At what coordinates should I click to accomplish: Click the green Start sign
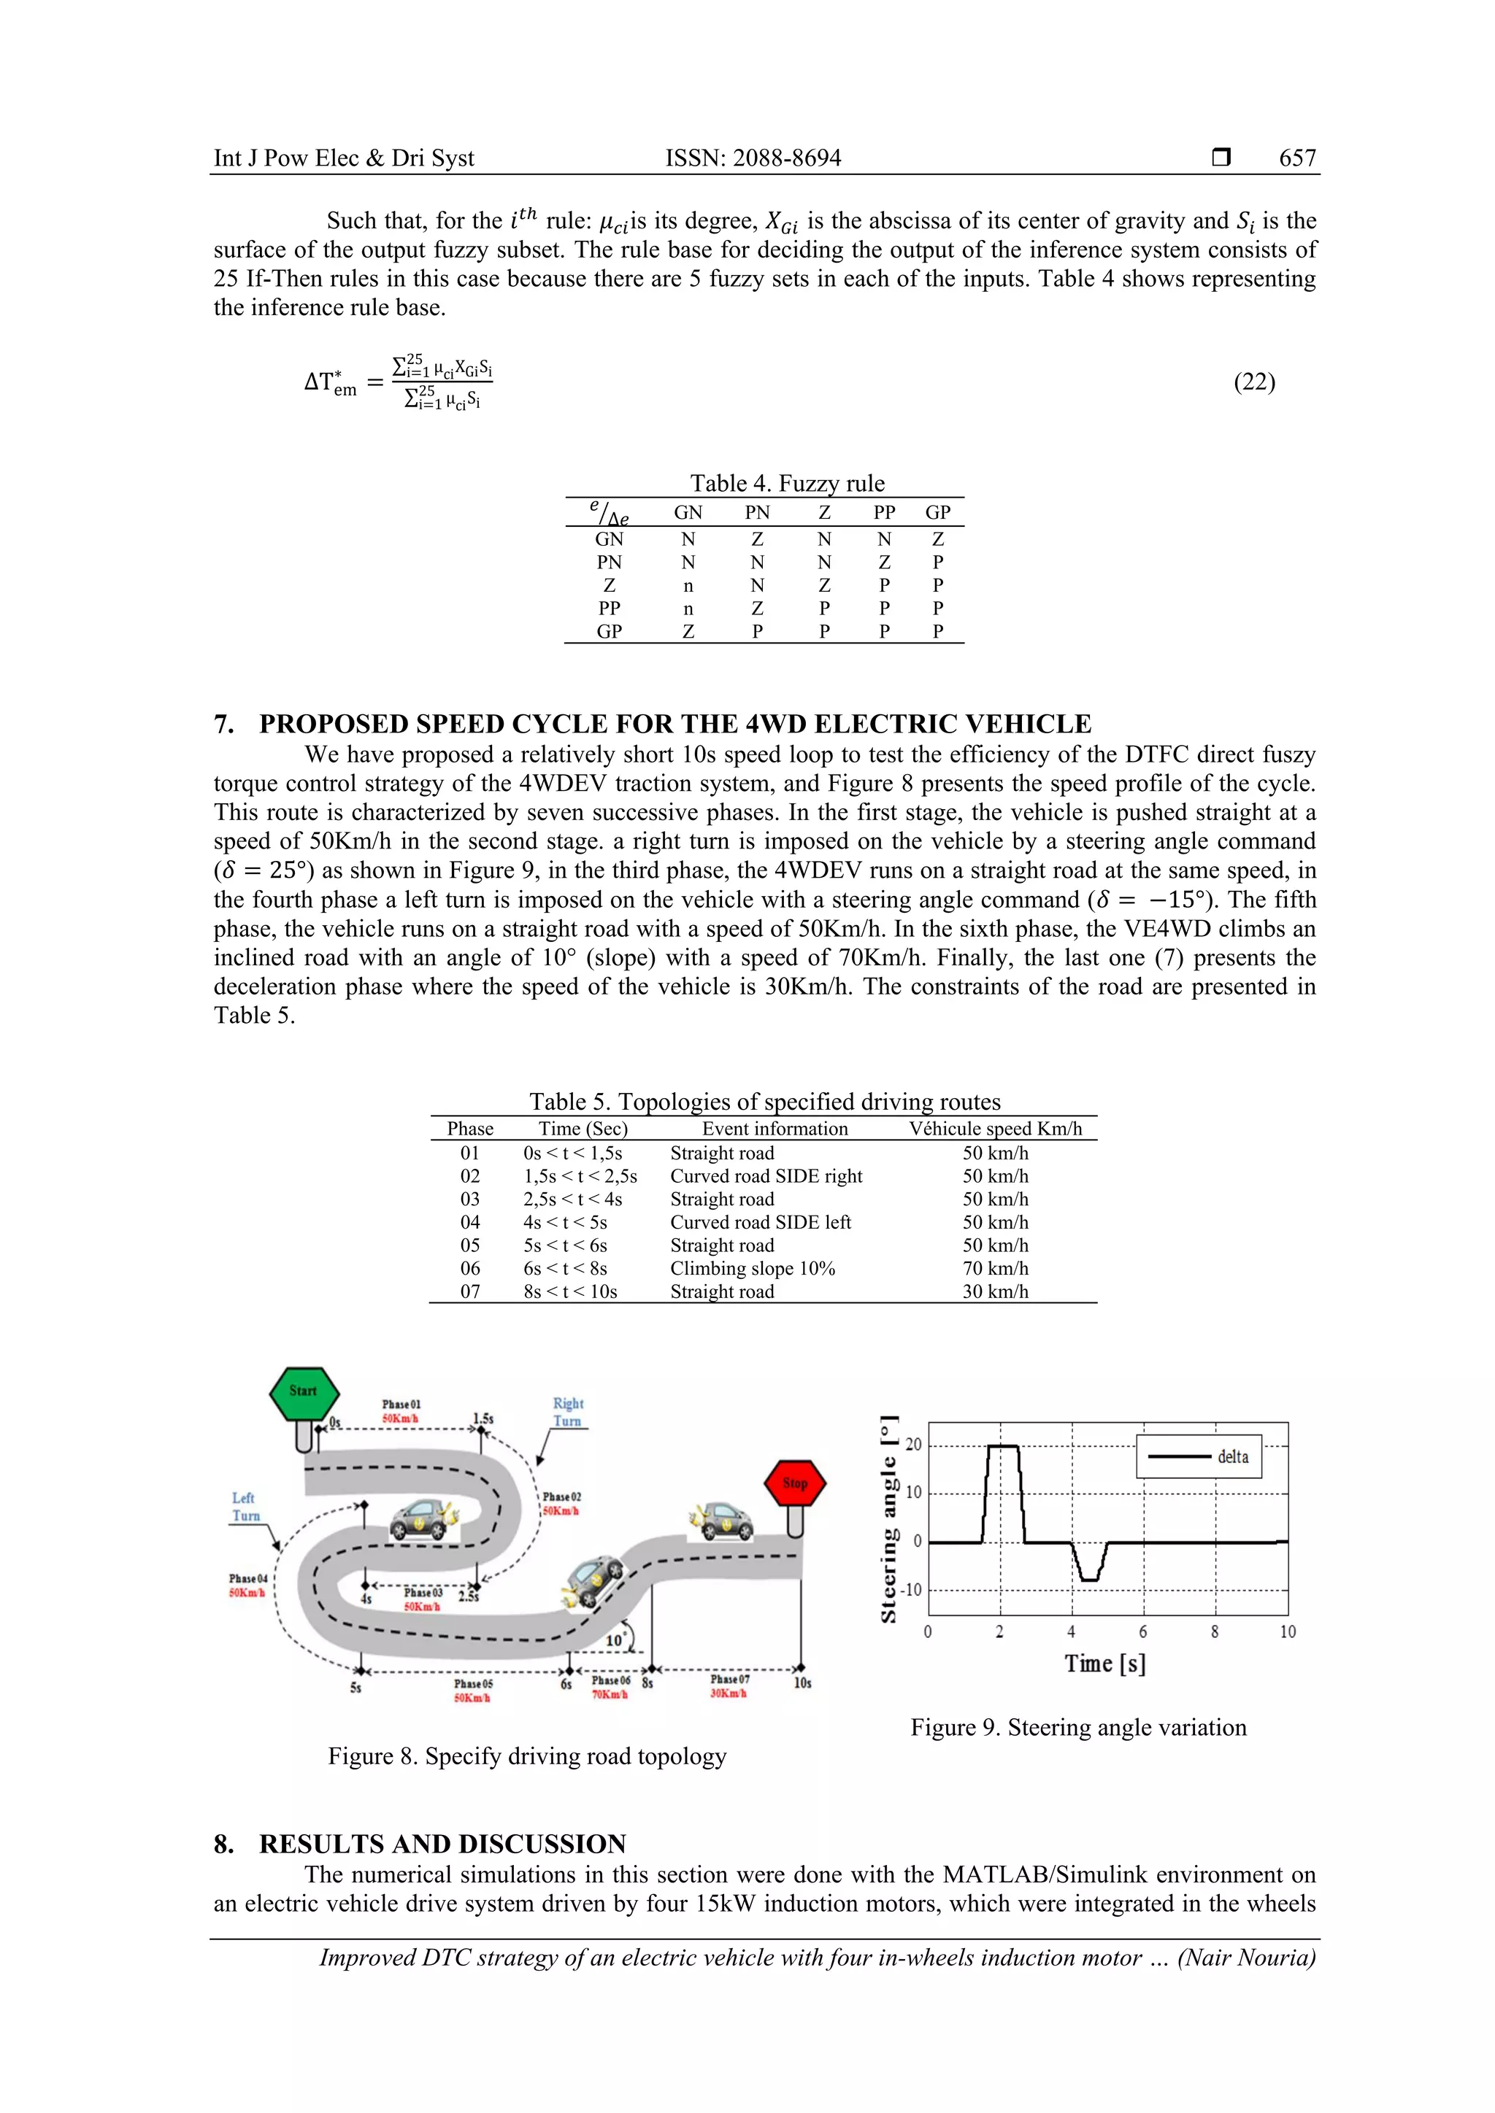(304, 1391)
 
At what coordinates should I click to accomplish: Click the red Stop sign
(794, 1483)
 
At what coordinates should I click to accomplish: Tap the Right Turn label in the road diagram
(567, 1412)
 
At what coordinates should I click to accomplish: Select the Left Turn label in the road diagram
(245, 1507)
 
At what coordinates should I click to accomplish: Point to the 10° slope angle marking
(615, 1640)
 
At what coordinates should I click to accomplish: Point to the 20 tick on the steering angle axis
(912, 1445)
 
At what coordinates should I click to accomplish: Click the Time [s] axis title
(1104, 1663)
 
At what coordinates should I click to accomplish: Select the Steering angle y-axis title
(888, 1518)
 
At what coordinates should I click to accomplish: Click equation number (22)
(1254, 382)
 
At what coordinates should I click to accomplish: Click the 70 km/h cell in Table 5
(995, 1268)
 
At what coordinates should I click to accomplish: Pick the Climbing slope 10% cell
(752, 1268)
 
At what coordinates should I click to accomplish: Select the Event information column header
(775, 1129)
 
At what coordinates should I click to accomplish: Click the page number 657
(1296, 158)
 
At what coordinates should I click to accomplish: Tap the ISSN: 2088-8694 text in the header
(753, 158)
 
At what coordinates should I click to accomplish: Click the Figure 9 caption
(1078, 1728)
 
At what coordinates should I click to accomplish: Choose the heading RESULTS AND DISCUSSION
(442, 1844)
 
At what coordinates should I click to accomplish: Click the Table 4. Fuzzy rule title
(787, 483)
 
